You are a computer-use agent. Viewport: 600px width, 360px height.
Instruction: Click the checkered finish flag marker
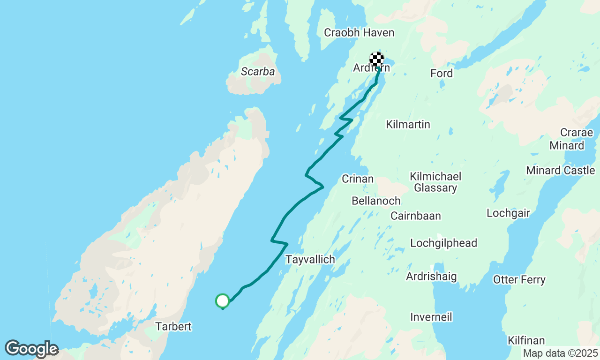click(x=377, y=60)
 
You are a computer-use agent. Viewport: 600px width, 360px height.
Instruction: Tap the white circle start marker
click(x=223, y=300)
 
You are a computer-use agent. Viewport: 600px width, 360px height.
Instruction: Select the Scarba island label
click(x=257, y=72)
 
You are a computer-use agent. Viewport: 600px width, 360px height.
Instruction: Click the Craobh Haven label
click(x=359, y=33)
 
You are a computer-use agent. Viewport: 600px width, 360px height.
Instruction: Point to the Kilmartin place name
click(x=408, y=124)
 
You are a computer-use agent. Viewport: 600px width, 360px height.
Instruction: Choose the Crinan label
click(x=358, y=179)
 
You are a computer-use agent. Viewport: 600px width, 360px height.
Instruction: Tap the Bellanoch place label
click(x=376, y=201)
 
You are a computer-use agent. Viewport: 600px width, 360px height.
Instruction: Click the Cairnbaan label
click(x=416, y=216)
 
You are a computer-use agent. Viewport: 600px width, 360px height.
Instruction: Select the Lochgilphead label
click(x=443, y=243)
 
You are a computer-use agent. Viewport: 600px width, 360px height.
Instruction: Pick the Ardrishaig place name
click(x=431, y=276)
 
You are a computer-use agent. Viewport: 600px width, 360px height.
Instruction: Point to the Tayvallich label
click(x=310, y=259)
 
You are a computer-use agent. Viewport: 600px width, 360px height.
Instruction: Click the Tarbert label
click(x=173, y=326)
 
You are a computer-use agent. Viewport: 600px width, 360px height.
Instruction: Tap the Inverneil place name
click(x=431, y=317)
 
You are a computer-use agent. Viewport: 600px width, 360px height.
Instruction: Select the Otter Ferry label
click(x=519, y=280)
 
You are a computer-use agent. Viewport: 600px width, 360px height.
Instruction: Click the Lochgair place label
click(x=508, y=213)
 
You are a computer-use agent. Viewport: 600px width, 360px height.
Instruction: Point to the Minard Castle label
click(x=560, y=170)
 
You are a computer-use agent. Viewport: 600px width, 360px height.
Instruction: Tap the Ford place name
click(x=442, y=73)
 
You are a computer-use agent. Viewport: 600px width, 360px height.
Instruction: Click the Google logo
click(x=31, y=349)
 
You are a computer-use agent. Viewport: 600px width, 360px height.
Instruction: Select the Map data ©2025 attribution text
click(x=560, y=353)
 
